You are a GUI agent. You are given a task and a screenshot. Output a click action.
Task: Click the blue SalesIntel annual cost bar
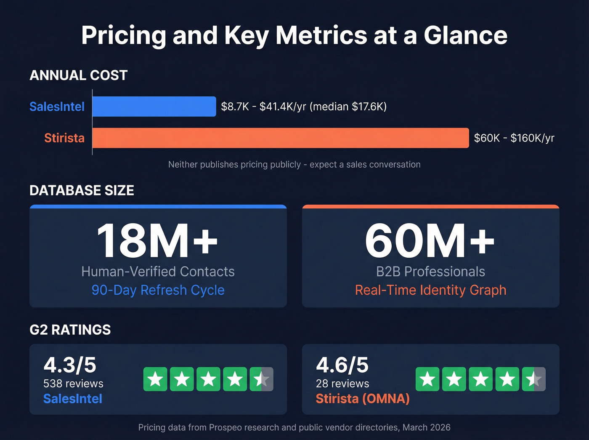[x=154, y=107]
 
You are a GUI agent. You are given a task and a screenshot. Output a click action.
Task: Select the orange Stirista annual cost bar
[x=280, y=138]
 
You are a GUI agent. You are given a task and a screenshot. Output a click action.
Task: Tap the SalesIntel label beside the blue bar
[x=57, y=107]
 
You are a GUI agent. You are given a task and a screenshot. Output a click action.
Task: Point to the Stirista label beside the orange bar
[x=64, y=138]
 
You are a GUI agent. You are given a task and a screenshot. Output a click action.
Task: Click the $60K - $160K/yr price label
[x=514, y=138]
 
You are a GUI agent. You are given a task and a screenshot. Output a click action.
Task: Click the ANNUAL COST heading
[x=78, y=75]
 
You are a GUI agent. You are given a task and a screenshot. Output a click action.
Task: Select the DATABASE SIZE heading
[x=82, y=190]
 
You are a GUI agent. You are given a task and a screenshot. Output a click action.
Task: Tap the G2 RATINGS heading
[x=70, y=330]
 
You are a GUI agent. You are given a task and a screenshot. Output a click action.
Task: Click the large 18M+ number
[x=157, y=241]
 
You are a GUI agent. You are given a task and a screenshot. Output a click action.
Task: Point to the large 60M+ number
[x=430, y=241]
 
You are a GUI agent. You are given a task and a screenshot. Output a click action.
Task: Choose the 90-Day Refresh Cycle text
[x=158, y=290]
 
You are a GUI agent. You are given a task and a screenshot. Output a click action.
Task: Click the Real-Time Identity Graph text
[x=430, y=290]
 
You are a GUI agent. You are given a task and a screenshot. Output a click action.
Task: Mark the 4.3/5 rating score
[x=70, y=365]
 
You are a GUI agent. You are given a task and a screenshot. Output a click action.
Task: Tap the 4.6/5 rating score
[x=342, y=365]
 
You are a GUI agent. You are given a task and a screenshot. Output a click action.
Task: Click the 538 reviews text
[x=73, y=384]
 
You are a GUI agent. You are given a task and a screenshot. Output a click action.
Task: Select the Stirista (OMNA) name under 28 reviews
[x=363, y=399]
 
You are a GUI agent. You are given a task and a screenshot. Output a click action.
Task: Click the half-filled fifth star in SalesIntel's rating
[x=261, y=379]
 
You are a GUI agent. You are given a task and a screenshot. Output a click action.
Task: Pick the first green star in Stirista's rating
[x=427, y=379]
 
